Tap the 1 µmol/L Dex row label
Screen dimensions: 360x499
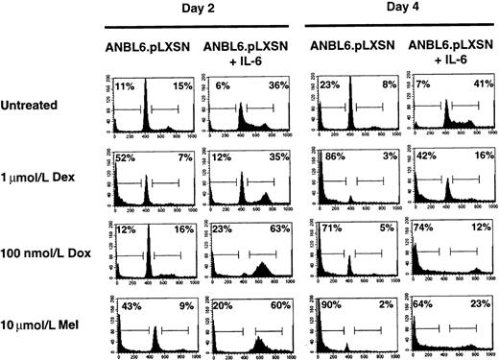pyautogui.click(x=40, y=181)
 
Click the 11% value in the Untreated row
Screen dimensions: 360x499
pyautogui.click(x=125, y=86)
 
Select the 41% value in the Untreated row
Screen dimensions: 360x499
pyautogui.click(x=470, y=86)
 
